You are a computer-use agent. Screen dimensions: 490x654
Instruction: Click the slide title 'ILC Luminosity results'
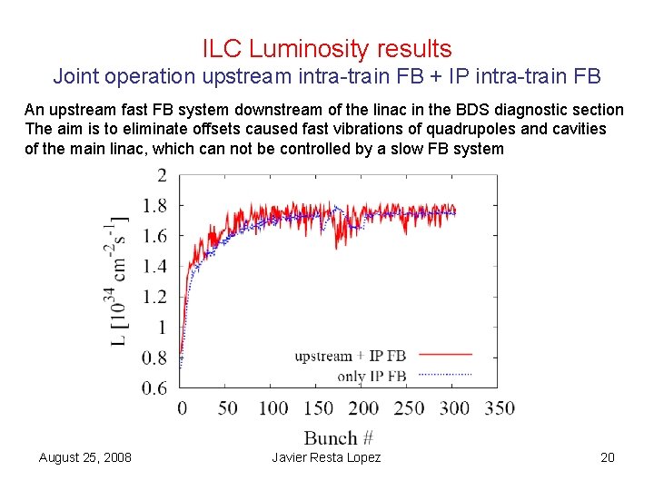point(327,49)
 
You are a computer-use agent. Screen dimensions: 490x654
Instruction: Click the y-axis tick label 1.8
point(154,206)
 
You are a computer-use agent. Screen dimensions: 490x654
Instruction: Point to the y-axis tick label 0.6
point(154,388)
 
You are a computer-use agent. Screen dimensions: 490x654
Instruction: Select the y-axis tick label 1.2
point(154,297)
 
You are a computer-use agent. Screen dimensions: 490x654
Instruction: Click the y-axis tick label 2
point(162,175)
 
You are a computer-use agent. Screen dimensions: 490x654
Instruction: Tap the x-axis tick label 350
point(499,408)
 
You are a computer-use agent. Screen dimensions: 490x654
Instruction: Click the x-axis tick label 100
point(272,408)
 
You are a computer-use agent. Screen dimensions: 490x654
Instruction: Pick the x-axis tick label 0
point(182,408)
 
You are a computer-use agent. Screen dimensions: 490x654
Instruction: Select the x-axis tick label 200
point(363,408)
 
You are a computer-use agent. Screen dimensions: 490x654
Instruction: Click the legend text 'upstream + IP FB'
point(351,357)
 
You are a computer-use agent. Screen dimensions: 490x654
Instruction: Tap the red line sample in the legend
point(446,354)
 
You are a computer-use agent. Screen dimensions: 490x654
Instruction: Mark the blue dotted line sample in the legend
point(446,373)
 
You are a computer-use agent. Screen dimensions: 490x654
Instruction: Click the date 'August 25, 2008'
point(85,457)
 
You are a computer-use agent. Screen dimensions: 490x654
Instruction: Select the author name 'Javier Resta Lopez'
point(326,457)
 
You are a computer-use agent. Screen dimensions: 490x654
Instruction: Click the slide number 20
point(608,457)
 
